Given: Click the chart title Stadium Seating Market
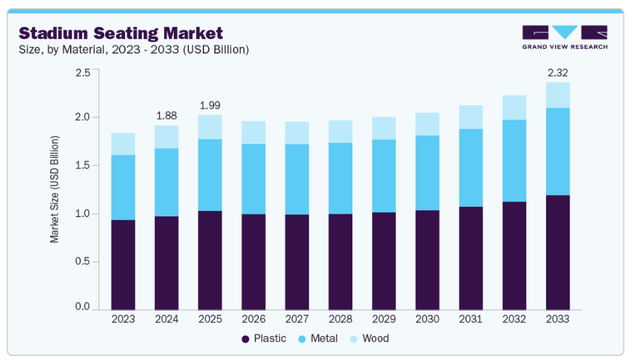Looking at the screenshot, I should pos(121,33).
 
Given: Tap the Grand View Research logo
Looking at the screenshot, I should pos(565,37).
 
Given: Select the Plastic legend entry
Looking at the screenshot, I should pos(264,339).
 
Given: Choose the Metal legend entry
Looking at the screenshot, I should pos(317,339).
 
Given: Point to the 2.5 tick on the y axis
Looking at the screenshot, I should pos(82,72).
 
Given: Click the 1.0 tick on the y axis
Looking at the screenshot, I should pos(82,214).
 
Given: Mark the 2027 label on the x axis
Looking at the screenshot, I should pos(297,319).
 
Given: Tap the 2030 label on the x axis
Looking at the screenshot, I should pos(427,319).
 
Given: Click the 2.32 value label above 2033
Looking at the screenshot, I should pos(557,72).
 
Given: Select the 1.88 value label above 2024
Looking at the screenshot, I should pos(167,115).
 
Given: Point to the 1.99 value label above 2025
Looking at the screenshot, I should pos(210,105).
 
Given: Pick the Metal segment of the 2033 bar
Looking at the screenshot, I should pos(557,151).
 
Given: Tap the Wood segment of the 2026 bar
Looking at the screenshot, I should pos(253,132).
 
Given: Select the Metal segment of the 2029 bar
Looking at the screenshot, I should pos(384,176).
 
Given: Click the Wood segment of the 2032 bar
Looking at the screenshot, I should pos(514,107).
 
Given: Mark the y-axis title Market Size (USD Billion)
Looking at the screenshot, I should pos(54,189).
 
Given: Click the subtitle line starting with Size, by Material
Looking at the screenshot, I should pos(133,49).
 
